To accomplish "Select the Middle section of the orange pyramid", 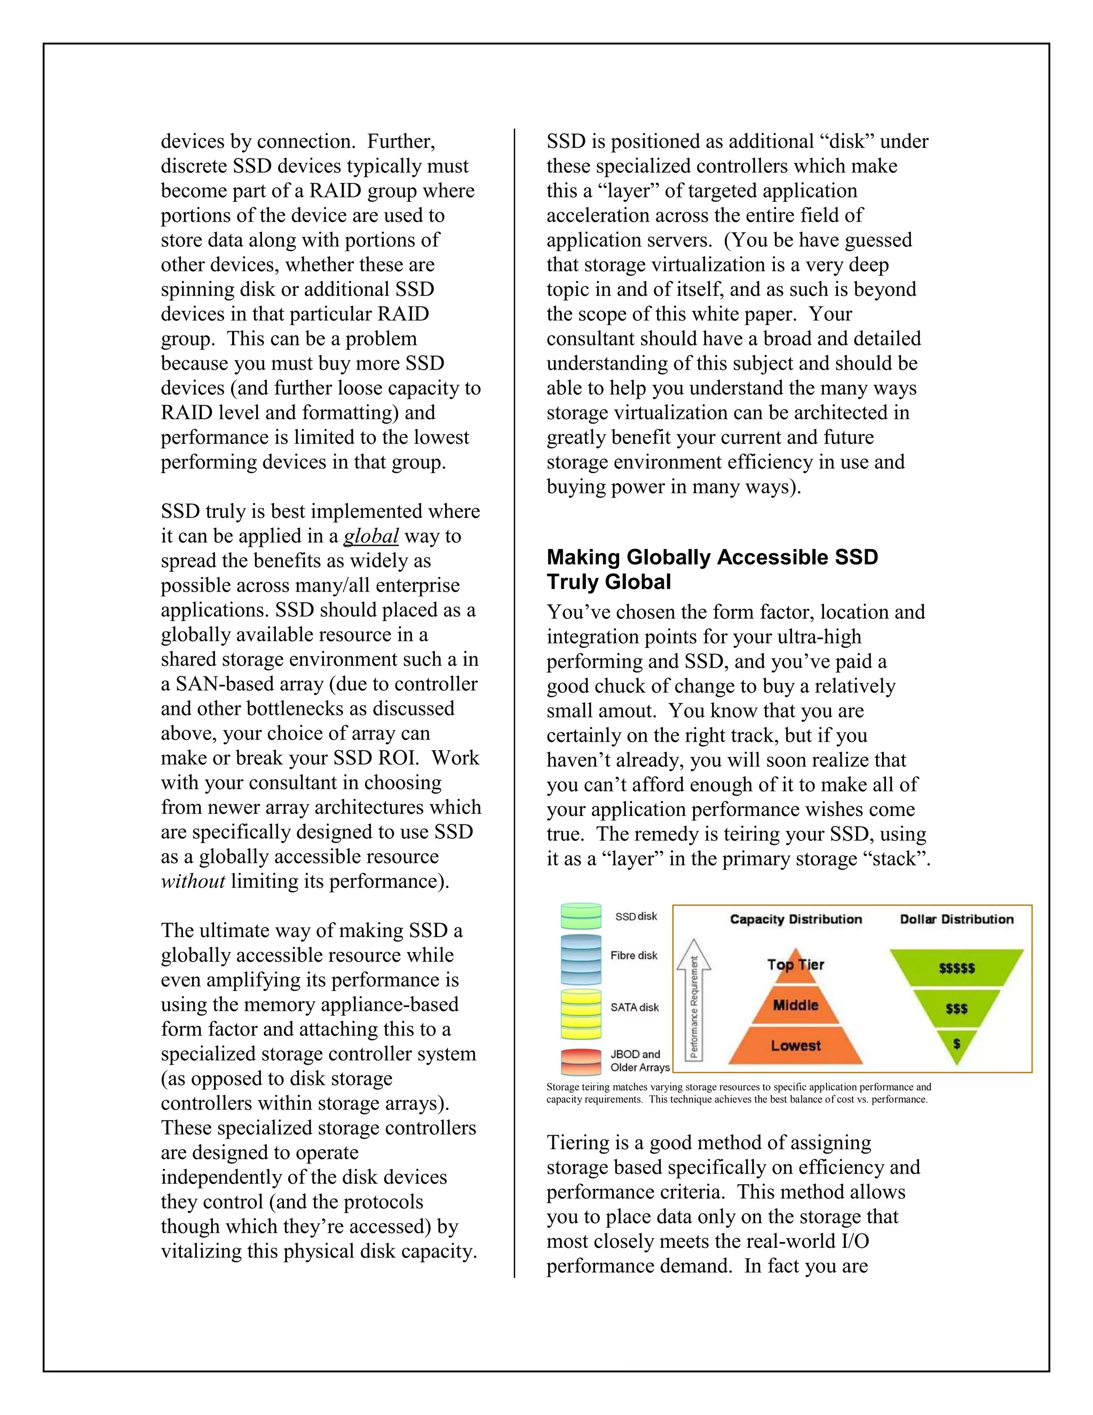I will coord(795,1005).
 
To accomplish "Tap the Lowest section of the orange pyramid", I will coord(795,1045).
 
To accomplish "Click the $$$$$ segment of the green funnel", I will coord(956,968).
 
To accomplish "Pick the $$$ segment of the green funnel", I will coord(956,1009).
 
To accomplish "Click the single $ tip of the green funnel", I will coord(956,1044).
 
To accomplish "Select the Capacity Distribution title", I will coord(796,919).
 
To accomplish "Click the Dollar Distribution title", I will coord(956,919).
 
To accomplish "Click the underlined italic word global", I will coord(370,537).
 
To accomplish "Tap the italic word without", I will coord(193,881).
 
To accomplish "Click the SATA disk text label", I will coord(634,1008).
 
